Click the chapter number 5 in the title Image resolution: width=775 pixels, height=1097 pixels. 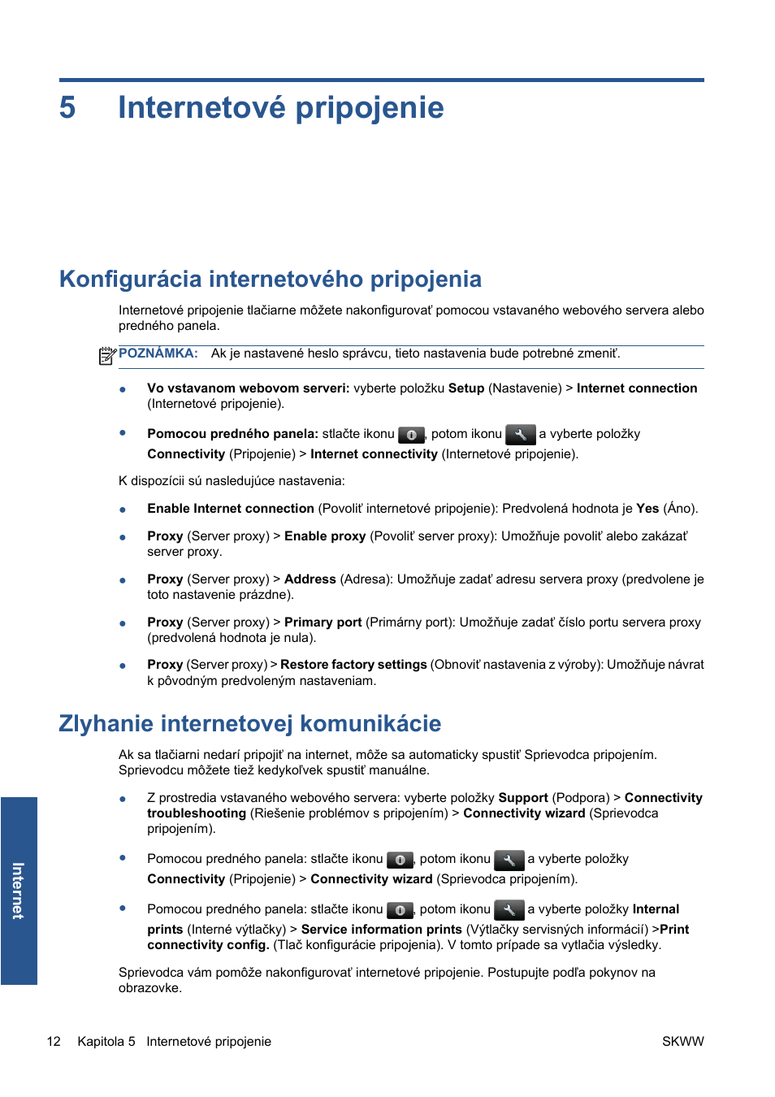[x=67, y=108]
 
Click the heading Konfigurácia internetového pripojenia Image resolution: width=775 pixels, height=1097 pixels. [x=270, y=280]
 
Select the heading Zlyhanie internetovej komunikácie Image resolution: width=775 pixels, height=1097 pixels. [x=249, y=724]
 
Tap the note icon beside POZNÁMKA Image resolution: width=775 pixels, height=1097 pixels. [x=107, y=356]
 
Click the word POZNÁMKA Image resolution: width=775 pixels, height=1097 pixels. [x=158, y=353]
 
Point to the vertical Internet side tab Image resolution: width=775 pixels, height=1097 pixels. [x=19, y=891]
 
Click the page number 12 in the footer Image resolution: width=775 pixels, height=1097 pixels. [x=54, y=1042]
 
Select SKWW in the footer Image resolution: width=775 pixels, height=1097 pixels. [x=682, y=1042]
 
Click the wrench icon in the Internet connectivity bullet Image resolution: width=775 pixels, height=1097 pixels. [x=520, y=435]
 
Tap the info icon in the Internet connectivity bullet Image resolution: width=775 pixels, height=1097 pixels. [x=411, y=435]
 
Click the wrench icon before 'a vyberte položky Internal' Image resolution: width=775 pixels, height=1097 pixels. [x=509, y=910]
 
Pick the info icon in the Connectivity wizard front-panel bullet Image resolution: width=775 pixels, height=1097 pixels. [x=400, y=860]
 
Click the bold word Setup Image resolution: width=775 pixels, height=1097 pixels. [x=465, y=388]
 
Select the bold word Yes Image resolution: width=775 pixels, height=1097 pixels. [x=647, y=509]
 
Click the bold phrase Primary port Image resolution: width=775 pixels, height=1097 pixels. [x=323, y=622]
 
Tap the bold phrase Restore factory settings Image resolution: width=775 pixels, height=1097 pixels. [x=353, y=665]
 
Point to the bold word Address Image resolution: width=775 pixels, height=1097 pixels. [x=310, y=579]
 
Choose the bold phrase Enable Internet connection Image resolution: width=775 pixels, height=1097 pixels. [x=230, y=509]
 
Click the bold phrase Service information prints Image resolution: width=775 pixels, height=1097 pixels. [x=381, y=930]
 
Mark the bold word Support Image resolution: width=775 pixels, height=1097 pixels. [x=522, y=798]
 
